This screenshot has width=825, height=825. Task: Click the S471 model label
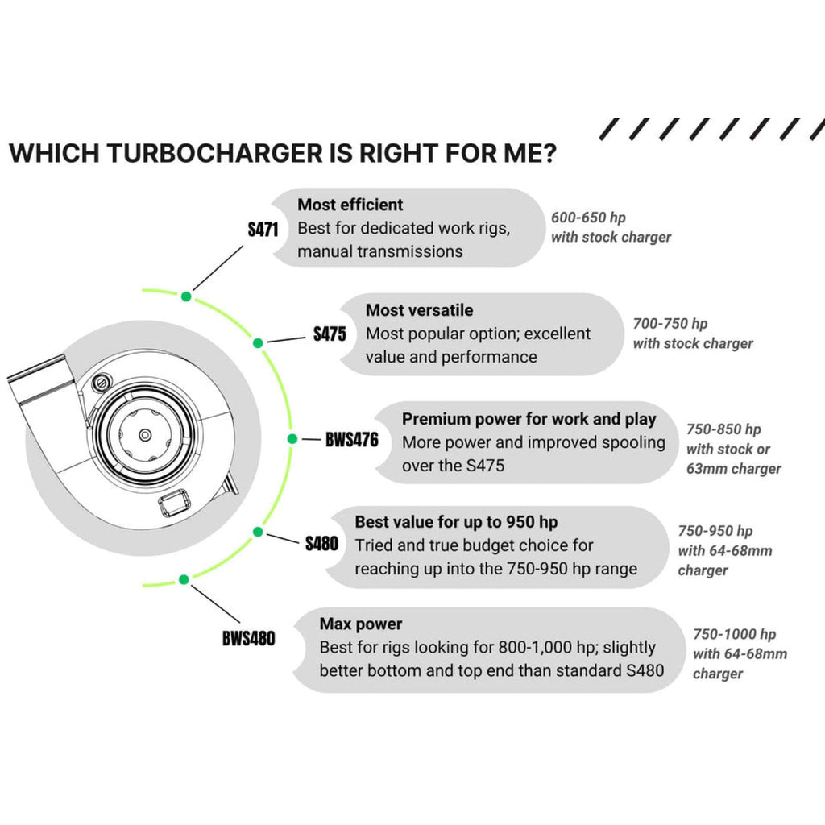(x=263, y=230)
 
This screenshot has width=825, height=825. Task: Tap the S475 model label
(x=330, y=334)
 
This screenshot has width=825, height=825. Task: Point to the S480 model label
(x=321, y=544)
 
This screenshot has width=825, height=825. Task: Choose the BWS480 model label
(x=248, y=639)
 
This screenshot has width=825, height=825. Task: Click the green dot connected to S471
(x=186, y=296)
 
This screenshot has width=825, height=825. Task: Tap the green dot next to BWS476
(x=293, y=439)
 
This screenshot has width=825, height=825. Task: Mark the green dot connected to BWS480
(x=184, y=578)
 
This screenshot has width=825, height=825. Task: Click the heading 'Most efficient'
(x=350, y=205)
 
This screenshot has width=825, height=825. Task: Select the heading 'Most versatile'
(x=419, y=310)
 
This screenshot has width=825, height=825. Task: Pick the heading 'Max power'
(x=360, y=624)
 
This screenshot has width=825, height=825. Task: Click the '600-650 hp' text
(x=588, y=218)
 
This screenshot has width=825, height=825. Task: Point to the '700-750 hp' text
(x=670, y=324)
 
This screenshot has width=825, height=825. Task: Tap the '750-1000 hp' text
(x=735, y=635)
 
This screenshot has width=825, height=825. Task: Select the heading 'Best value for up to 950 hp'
(x=456, y=522)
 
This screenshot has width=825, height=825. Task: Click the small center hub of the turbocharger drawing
(x=144, y=435)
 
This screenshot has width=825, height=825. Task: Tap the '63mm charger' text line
(x=733, y=469)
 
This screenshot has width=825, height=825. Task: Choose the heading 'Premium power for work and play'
(x=529, y=419)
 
